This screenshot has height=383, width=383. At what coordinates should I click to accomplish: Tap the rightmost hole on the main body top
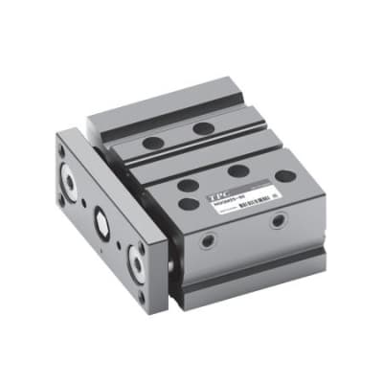pyautogui.click(x=285, y=176)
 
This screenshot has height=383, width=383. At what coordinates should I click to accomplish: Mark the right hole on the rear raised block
pyautogui.click(x=203, y=127)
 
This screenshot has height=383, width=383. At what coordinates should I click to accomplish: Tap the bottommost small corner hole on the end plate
pyautogui.click(x=143, y=296)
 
